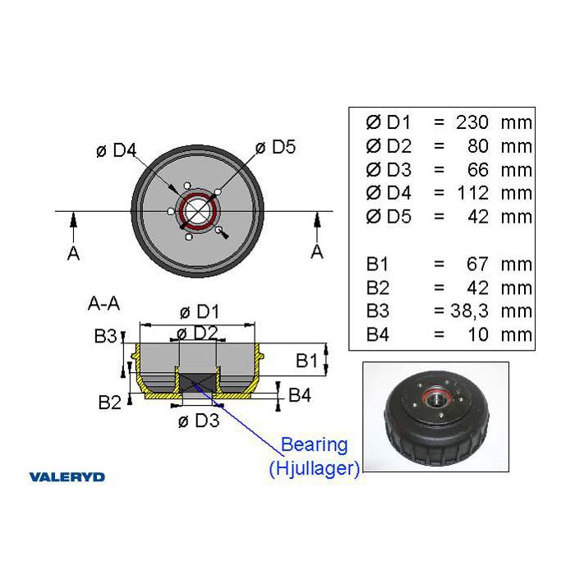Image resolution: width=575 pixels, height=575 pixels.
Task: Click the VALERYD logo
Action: point(67,477)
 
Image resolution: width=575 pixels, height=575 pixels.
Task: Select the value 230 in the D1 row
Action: point(472,122)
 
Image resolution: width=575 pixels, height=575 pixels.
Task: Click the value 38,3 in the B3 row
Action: point(470,311)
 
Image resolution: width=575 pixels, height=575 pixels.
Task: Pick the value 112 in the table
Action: point(473,193)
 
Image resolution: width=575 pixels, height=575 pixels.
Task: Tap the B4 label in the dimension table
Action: point(377,335)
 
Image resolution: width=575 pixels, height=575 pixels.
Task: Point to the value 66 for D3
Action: point(478,170)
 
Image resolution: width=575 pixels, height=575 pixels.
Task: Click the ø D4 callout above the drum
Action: point(117,150)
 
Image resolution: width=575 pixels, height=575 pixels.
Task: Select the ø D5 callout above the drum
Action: point(275,147)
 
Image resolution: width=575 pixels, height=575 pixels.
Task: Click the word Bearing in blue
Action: point(315,445)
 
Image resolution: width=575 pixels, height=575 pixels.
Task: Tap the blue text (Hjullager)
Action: point(315,468)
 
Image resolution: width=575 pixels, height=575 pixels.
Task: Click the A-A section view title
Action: point(103,304)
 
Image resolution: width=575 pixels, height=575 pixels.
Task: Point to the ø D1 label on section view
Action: point(200,312)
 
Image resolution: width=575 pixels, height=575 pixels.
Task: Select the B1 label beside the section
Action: point(307,361)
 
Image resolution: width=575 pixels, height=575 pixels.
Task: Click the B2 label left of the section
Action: point(109,402)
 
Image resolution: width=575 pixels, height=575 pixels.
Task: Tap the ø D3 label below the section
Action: point(199,421)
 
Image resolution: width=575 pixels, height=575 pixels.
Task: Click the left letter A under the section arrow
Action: point(73,253)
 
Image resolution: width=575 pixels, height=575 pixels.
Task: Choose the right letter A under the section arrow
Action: point(317,252)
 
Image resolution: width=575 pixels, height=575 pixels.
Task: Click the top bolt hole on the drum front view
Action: point(187,185)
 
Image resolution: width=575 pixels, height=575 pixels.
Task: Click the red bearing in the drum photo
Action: point(435,397)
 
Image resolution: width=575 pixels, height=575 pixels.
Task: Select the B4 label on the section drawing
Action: point(300,395)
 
